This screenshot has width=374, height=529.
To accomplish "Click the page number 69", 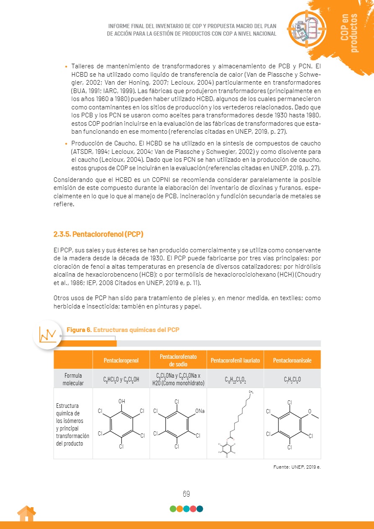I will tap(186, 494).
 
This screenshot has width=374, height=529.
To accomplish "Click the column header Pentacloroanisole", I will tap(292, 360).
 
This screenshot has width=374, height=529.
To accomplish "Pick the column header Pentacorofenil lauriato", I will tap(235, 360).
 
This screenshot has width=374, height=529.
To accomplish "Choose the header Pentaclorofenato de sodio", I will tap(178, 360).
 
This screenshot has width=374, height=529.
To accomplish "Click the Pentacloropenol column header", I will tap(121, 360).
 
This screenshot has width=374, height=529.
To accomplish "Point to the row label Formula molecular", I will tap(73, 379).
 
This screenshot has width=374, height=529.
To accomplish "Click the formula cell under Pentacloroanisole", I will tap(292, 380).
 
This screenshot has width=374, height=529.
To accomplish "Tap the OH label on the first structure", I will tap(122, 401).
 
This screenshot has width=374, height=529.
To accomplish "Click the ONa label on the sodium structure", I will tap(200, 411).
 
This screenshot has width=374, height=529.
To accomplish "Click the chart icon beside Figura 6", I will tap(47, 335).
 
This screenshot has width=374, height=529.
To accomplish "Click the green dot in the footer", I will tap(173, 509).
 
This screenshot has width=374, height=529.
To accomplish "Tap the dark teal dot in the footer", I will tap(200, 509).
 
